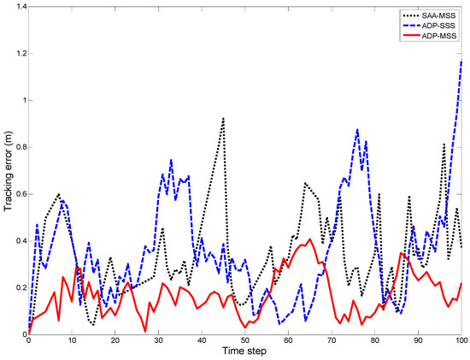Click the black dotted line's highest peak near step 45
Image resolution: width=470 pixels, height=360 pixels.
[x=223, y=118]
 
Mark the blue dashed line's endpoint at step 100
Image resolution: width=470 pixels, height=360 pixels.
[x=462, y=61]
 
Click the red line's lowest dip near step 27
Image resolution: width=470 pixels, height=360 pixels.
[x=146, y=332]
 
